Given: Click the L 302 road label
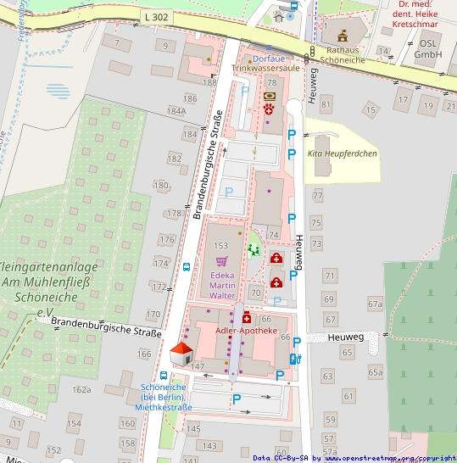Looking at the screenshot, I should [x=156, y=16].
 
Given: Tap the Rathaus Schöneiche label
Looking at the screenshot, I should [x=343, y=54].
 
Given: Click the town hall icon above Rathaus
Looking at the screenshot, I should [x=343, y=36].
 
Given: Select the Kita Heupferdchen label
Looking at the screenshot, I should [x=342, y=153].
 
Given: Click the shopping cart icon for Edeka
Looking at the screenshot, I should [x=222, y=260].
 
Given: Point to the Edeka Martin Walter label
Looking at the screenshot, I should [x=222, y=286].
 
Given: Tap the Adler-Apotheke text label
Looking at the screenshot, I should [x=247, y=330].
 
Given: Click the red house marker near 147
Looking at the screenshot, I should [x=181, y=354].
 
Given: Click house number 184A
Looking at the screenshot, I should [x=176, y=111].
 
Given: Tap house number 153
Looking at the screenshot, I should [x=221, y=245].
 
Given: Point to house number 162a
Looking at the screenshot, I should [x=81, y=389].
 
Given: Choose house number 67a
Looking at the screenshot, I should [x=375, y=303].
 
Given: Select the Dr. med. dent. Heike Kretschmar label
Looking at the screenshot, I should [x=421, y=14].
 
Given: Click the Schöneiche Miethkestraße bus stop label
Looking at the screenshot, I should [x=164, y=397].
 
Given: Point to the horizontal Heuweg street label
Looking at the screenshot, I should [x=347, y=337].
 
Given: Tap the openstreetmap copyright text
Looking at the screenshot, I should [x=354, y=458].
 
